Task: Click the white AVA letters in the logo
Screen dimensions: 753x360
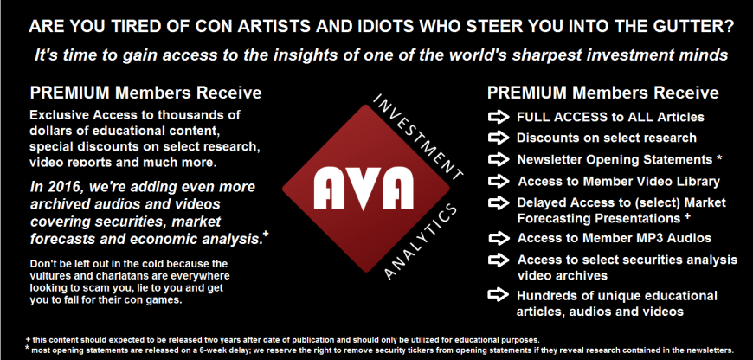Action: (364, 187)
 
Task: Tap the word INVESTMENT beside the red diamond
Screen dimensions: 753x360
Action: (419, 137)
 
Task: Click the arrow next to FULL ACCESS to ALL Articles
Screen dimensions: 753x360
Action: (499, 117)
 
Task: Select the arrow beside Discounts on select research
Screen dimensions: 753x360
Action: (499, 138)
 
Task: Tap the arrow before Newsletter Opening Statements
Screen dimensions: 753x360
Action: (499, 159)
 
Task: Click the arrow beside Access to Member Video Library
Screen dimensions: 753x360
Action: (499, 181)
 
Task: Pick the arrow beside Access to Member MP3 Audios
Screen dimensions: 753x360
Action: (499, 238)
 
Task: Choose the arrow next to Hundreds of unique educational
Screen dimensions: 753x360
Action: (499, 295)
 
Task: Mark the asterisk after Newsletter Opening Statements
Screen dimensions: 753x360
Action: (719, 157)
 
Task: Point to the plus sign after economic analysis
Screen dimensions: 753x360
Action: (266, 235)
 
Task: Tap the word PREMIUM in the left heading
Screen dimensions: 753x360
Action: (70, 93)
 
